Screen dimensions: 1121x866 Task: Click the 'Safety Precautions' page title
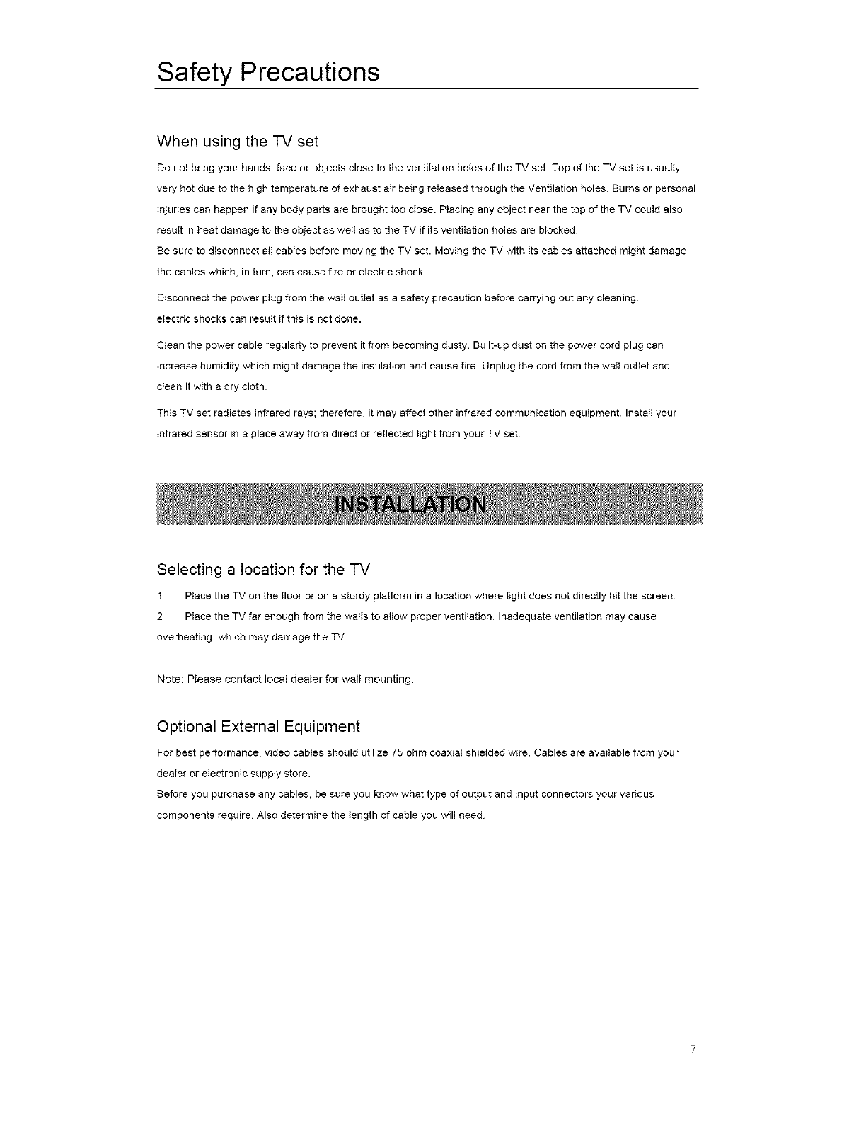(268, 72)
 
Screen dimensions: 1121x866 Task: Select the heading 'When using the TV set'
(237, 142)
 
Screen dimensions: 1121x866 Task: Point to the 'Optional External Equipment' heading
(258, 727)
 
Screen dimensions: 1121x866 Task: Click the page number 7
(694, 1049)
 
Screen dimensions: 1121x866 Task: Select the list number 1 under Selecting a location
(161, 594)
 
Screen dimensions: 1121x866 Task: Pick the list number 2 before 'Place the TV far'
(161, 616)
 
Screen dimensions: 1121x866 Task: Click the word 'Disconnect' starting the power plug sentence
(179, 298)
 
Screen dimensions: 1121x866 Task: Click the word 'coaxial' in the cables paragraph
(445, 752)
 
